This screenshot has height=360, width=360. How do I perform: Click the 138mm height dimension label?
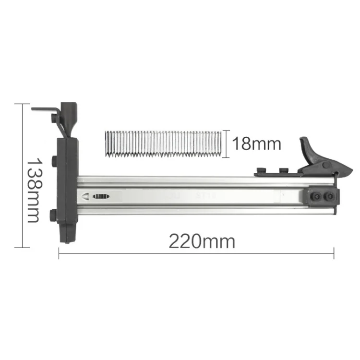click(35, 190)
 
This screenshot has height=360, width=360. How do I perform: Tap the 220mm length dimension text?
click(202, 241)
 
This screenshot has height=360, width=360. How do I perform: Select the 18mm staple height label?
click(257, 144)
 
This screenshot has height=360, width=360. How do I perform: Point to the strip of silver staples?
click(164, 144)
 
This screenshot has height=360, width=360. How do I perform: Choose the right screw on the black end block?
click(328, 196)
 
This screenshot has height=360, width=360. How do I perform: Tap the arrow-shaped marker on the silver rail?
click(85, 196)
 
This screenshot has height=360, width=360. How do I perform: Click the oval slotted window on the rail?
click(101, 196)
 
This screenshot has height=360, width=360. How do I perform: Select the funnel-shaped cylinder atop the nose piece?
click(69, 120)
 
